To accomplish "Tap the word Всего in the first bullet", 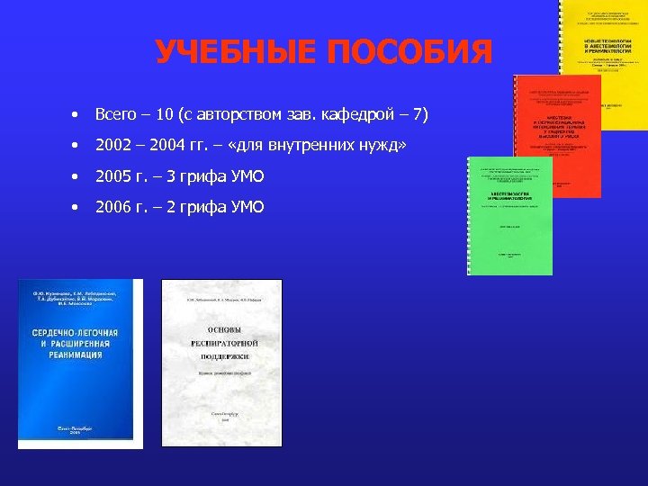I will tap(117, 115).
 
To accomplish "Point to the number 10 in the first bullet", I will tap(164, 115).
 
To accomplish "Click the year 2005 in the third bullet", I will tap(113, 176).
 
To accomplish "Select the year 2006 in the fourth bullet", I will tap(113, 207).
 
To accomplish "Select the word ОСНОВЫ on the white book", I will tap(221, 328).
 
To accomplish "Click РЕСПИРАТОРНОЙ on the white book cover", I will tap(221, 345).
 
